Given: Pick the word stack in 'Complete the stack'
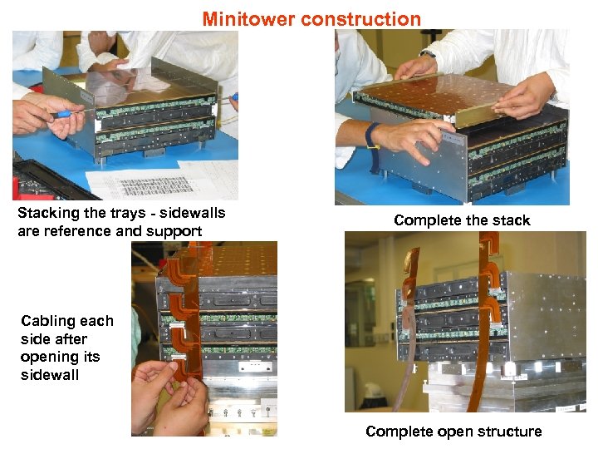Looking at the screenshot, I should [510, 220].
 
